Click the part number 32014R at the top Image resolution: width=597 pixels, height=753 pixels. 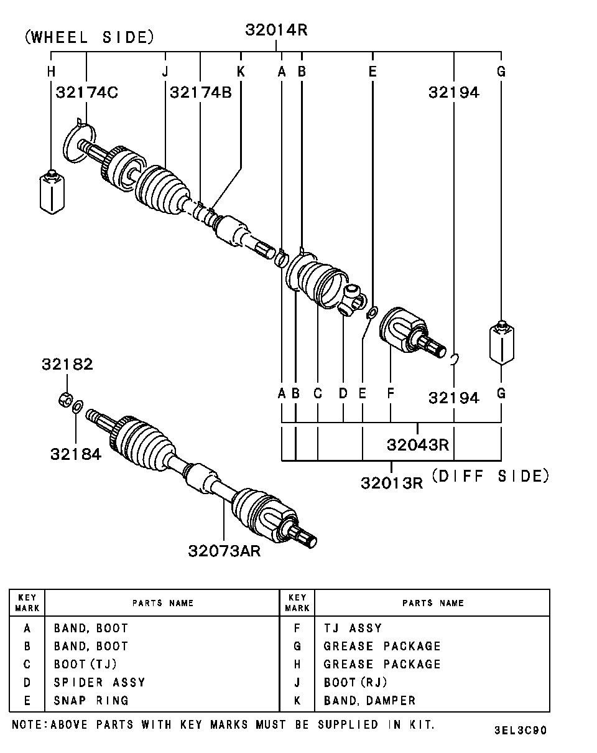pyautogui.click(x=276, y=29)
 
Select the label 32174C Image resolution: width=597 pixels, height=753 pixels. pyautogui.click(x=87, y=92)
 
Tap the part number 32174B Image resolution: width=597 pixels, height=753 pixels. pyautogui.click(x=200, y=92)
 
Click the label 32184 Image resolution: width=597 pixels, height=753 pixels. pyautogui.click(x=76, y=454)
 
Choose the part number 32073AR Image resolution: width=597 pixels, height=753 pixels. pyautogui.click(x=224, y=551)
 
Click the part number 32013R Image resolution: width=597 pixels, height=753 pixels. pyautogui.click(x=391, y=482)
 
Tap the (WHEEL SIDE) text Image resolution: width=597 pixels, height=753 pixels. pyautogui.click(x=89, y=37)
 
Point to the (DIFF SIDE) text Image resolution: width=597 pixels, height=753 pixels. pyautogui.click(x=491, y=476)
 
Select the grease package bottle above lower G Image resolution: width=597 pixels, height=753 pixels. pyautogui.click(x=501, y=342)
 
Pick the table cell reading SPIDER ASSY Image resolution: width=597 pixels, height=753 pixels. pyautogui.click(x=99, y=682)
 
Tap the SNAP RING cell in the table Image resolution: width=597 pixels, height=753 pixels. pyautogui.click(x=91, y=700)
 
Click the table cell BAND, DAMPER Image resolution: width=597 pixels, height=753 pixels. pyautogui.click(x=369, y=700)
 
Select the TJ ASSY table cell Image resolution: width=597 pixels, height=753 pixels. pyautogui.click(x=353, y=629)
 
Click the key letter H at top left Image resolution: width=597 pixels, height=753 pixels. pyautogui.click(x=51, y=72)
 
